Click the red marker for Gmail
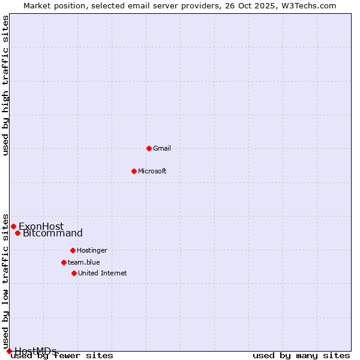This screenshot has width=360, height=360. [149, 148]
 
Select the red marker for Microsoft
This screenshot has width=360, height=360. [134, 171]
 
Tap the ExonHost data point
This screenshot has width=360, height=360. [13, 226]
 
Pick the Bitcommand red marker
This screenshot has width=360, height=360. [17, 233]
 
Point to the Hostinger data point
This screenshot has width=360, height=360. [73, 250]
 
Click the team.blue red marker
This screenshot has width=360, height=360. [64, 262]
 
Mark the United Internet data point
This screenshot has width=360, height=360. [74, 273]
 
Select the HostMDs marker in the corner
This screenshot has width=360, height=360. [9, 351]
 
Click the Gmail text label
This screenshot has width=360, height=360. [162, 148]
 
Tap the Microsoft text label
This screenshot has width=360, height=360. [152, 171]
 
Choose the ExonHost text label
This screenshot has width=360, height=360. [41, 226]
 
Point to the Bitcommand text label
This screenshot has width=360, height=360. [53, 233]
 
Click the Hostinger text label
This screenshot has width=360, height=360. [92, 250]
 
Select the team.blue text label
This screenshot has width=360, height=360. [84, 262]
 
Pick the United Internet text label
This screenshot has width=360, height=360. [103, 273]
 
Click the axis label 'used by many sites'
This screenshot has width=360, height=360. [301, 356]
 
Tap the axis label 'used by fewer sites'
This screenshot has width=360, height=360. [63, 356]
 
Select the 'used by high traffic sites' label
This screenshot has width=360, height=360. [6, 85]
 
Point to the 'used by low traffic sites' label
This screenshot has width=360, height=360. [6, 282]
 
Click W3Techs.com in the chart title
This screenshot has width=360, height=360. [311, 5]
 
